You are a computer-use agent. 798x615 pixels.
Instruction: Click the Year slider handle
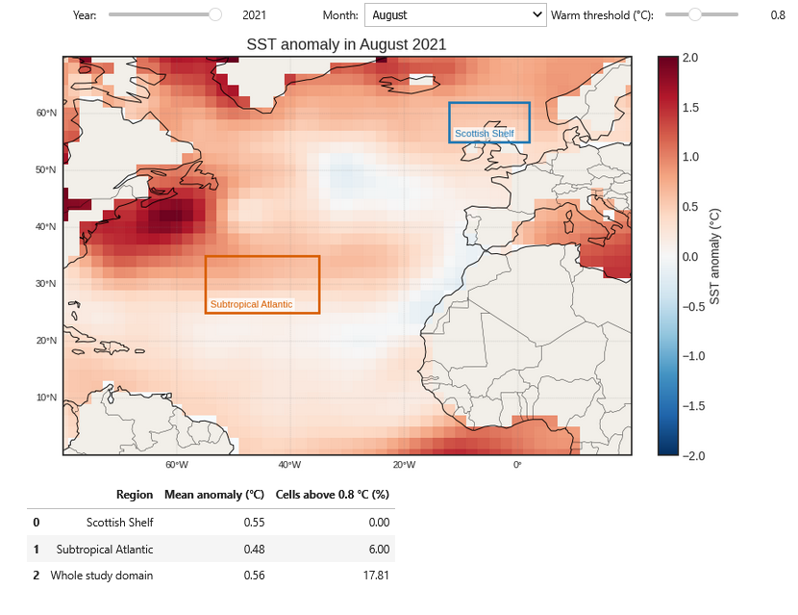tap(215, 14)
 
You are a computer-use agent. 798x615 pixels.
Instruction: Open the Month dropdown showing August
tap(456, 15)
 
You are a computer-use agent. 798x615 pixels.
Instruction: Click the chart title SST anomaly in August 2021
tap(346, 45)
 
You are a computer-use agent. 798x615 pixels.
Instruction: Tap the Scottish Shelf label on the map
tap(484, 134)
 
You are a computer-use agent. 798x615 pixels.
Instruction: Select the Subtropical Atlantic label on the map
tap(251, 304)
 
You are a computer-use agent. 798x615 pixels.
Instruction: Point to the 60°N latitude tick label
tap(46, 113)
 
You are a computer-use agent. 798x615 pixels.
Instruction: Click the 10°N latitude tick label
tap(46, 397)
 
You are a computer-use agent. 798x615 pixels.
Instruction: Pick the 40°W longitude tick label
tap(289, 465)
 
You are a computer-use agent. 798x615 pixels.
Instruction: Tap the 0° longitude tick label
tap(517, 465)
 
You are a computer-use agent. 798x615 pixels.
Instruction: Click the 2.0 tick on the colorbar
tap(690, 58)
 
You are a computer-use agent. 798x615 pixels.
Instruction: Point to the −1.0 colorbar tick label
tap(693, 356)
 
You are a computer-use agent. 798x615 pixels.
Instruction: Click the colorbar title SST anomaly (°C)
tap(714, 256)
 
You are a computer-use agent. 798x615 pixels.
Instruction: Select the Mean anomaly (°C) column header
tap(214, 495)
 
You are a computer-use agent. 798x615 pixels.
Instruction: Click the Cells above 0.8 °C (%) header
tap(333, 495)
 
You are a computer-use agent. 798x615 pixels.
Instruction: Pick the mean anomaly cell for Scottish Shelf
tap(254, 523)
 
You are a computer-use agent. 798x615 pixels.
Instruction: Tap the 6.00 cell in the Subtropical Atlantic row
tap(379, 550)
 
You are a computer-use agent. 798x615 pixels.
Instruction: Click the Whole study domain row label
tap(102, 576)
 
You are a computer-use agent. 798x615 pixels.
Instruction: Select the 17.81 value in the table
tap(376, 576)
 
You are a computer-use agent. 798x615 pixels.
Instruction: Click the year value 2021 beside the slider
tap(254, 15)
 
